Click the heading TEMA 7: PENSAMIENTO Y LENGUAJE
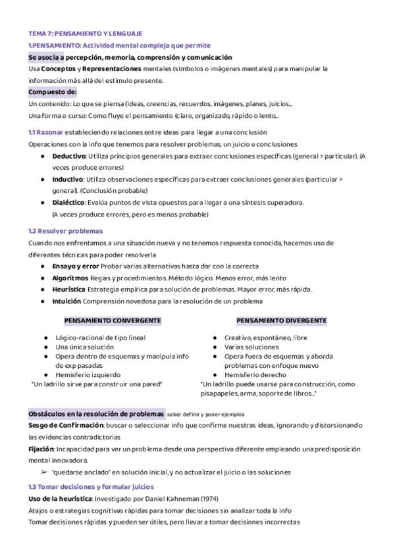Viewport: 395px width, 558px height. pos(86,33)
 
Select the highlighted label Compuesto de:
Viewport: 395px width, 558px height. pos(53,92)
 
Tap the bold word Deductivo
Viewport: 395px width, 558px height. pos(68,156)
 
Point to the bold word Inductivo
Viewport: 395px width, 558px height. pos(67,179)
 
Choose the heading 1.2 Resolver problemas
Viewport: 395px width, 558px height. pos(66,232)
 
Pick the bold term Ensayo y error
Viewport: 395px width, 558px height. pos(75,266)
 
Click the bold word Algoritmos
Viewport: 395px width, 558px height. pos(71,278)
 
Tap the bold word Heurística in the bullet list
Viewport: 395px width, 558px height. pos(68,290)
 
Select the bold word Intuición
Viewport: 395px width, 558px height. pos(66,301)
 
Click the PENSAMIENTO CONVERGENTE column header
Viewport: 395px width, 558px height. pos(113,320)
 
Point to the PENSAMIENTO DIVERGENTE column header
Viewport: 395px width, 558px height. pos(281,320)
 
